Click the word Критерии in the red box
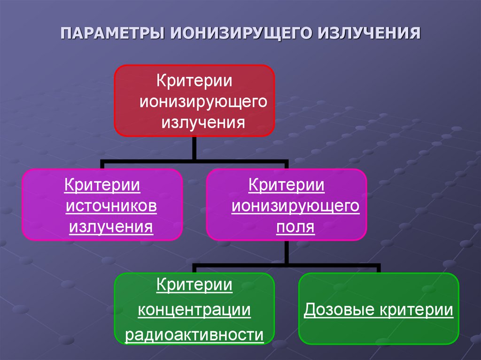(194, 79)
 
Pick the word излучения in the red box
(204, 123)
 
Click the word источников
(111, 206)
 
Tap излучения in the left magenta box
(111, 227)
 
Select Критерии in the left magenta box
(102, 184)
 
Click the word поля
(295, 227)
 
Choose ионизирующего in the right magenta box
(295, 206)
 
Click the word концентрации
(194, 310)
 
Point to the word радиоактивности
(194, 335)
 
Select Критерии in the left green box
(194, 285)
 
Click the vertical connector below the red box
(194, 148)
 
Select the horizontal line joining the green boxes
(286, 266)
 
